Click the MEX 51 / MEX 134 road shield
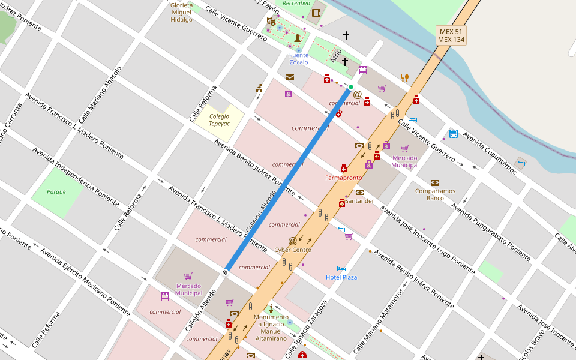[x=451, y=35]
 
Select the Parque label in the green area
[x=56, y=192]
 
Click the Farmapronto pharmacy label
[x=343, y=178]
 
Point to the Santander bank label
[x=359, y=201]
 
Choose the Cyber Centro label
[x=293, y=250]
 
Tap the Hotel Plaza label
[x=341, y=277]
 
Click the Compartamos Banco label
[x=435, y=194]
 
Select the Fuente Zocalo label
[x=299, y=59]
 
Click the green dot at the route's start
[x=351, y=88]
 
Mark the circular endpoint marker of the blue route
[x=226, y=272]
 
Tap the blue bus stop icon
[x=454, y=134]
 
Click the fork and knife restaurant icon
[x=405, y=77]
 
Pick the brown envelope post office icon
[x=290, y=77]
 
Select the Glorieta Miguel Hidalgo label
[x=182, y=12]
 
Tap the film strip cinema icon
[x=316, y=13]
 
